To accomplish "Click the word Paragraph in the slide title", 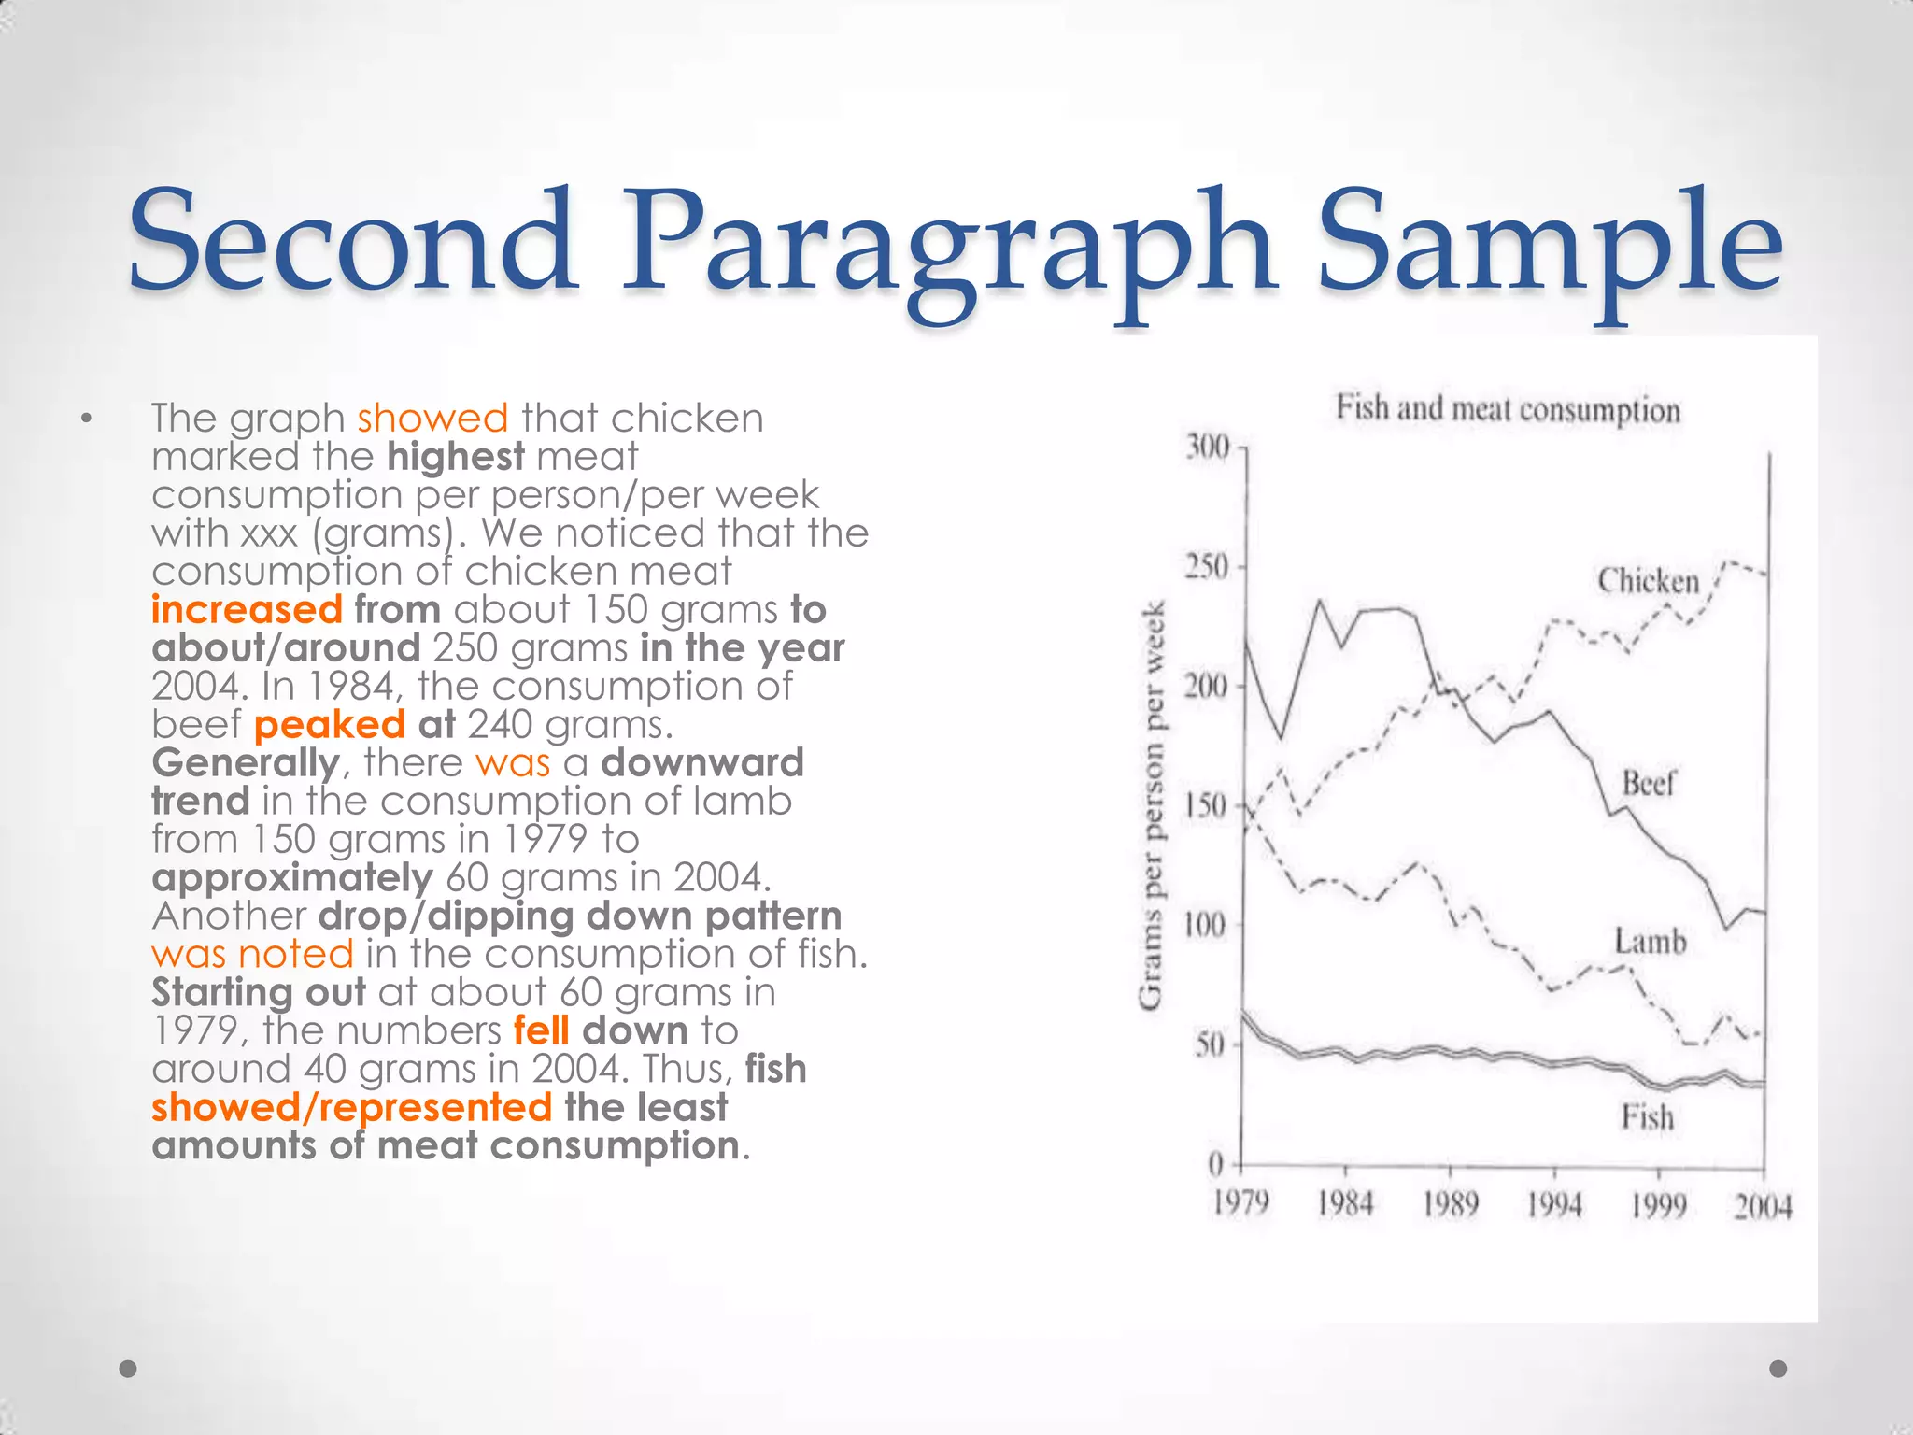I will pos(950,245).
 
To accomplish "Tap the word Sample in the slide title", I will pos(1550,245).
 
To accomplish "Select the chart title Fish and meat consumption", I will pos(1508,409).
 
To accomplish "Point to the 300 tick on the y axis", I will pos(1208,448).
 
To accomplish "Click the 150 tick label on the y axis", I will pos(1206,805).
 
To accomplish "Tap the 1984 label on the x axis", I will pos(1345,1204).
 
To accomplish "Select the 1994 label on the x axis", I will pos(1554,1204).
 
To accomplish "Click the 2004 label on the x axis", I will pos(1763,1206).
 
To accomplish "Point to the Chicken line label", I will pos(1648,581).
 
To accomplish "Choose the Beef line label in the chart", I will pos(1649,783).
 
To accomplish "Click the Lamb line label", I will pos(1651,941).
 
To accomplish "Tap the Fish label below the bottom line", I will pos(1647,1117).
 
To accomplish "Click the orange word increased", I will pos(247,610).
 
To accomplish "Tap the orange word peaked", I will pos(329,725).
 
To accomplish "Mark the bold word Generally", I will pos(246,763).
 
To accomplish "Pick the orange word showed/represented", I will pos(351,1108).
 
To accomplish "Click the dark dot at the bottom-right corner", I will pos(1778,1369).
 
